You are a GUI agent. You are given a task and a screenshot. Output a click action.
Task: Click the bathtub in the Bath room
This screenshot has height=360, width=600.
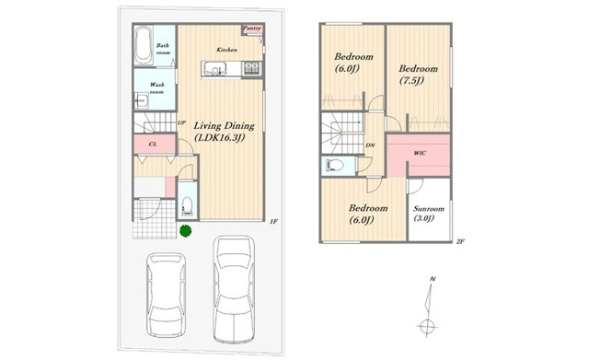point(144,45)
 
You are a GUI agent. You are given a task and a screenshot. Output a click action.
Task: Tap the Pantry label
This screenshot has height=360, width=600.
point(252,29)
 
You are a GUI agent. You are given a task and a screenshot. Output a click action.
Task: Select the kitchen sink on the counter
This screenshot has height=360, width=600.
point(214,69)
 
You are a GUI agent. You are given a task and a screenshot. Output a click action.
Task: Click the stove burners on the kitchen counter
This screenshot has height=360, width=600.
point(252,68)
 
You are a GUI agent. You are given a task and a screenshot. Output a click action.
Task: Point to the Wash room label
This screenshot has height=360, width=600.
point(156,88)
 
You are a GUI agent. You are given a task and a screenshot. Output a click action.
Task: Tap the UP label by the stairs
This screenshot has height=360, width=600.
point(181,123)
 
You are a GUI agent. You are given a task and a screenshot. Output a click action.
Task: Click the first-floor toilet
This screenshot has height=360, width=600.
point(187,205)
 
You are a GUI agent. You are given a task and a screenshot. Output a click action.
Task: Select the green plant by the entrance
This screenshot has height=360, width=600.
point(186,230)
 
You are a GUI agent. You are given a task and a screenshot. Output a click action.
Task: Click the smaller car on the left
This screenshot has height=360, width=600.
point(167,295)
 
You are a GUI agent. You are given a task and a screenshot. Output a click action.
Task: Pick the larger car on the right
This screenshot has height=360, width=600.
point(234,289)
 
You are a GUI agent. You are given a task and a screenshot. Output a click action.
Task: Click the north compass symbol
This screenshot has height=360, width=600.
point(428,307)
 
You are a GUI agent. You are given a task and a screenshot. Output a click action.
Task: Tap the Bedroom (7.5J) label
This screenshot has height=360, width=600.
point(418,75)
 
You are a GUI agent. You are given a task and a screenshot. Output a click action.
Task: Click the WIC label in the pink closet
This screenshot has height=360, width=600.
point(420,153)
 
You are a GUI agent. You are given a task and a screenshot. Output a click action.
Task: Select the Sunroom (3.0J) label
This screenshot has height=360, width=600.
point(429,214)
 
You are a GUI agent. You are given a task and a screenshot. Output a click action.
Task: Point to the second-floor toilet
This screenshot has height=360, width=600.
point(334,166)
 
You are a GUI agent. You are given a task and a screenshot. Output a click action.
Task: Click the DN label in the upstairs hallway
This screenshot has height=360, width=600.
point(370,145)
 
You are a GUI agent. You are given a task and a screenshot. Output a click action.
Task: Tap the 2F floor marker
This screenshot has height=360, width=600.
point(460,241)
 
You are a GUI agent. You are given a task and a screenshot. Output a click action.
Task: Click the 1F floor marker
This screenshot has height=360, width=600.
point(273,221)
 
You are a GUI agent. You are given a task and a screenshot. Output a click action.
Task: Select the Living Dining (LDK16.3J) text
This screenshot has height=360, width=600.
point(224,132)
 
